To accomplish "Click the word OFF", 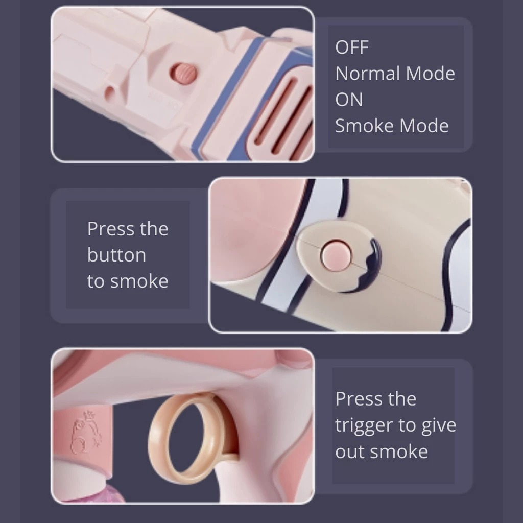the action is (352, 47).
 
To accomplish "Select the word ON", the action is (349, 100).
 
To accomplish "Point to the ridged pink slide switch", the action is (183, 74).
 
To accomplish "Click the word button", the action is (116, 255).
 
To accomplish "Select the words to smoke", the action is (127, 281).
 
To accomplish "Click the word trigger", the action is (364, 426).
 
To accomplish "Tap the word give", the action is (439, 426).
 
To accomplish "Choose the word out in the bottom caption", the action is (350, 451).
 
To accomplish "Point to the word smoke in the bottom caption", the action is (399, 451).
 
